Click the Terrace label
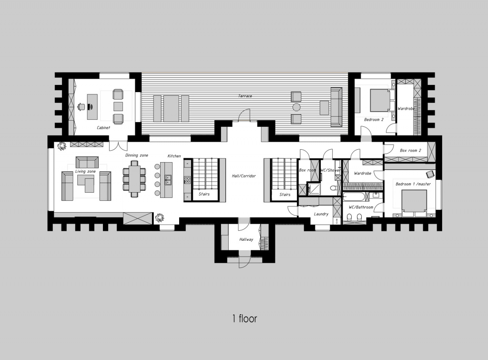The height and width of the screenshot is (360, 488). [x=245, y=96]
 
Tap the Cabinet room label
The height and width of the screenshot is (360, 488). [x=103, y=128]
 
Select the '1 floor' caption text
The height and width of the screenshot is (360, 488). [x=244, y=319]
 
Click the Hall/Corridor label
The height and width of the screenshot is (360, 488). [x=244, y=176]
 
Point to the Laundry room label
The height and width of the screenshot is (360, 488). [x=321, y=214]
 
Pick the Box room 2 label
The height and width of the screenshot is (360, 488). [x=410, y=150]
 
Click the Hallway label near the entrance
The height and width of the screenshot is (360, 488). [x=246, y=239]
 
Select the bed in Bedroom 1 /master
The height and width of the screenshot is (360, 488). [x=414, y=203]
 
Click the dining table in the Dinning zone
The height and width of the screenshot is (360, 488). [x=134, y=179]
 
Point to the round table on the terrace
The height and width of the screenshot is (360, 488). [x=296, y=107]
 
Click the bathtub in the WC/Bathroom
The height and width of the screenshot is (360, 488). [x=356, y=197]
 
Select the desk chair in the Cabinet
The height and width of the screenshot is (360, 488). [x=81, y=106]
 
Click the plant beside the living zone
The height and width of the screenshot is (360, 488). [x=61, y=146]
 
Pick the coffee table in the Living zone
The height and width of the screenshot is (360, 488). [x=85, y=184]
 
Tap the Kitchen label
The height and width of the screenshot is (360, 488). [x=174, y=156]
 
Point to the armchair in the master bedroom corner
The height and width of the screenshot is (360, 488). [x=430, y=174]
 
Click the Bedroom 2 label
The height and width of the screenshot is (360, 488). [x=374, y=120]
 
